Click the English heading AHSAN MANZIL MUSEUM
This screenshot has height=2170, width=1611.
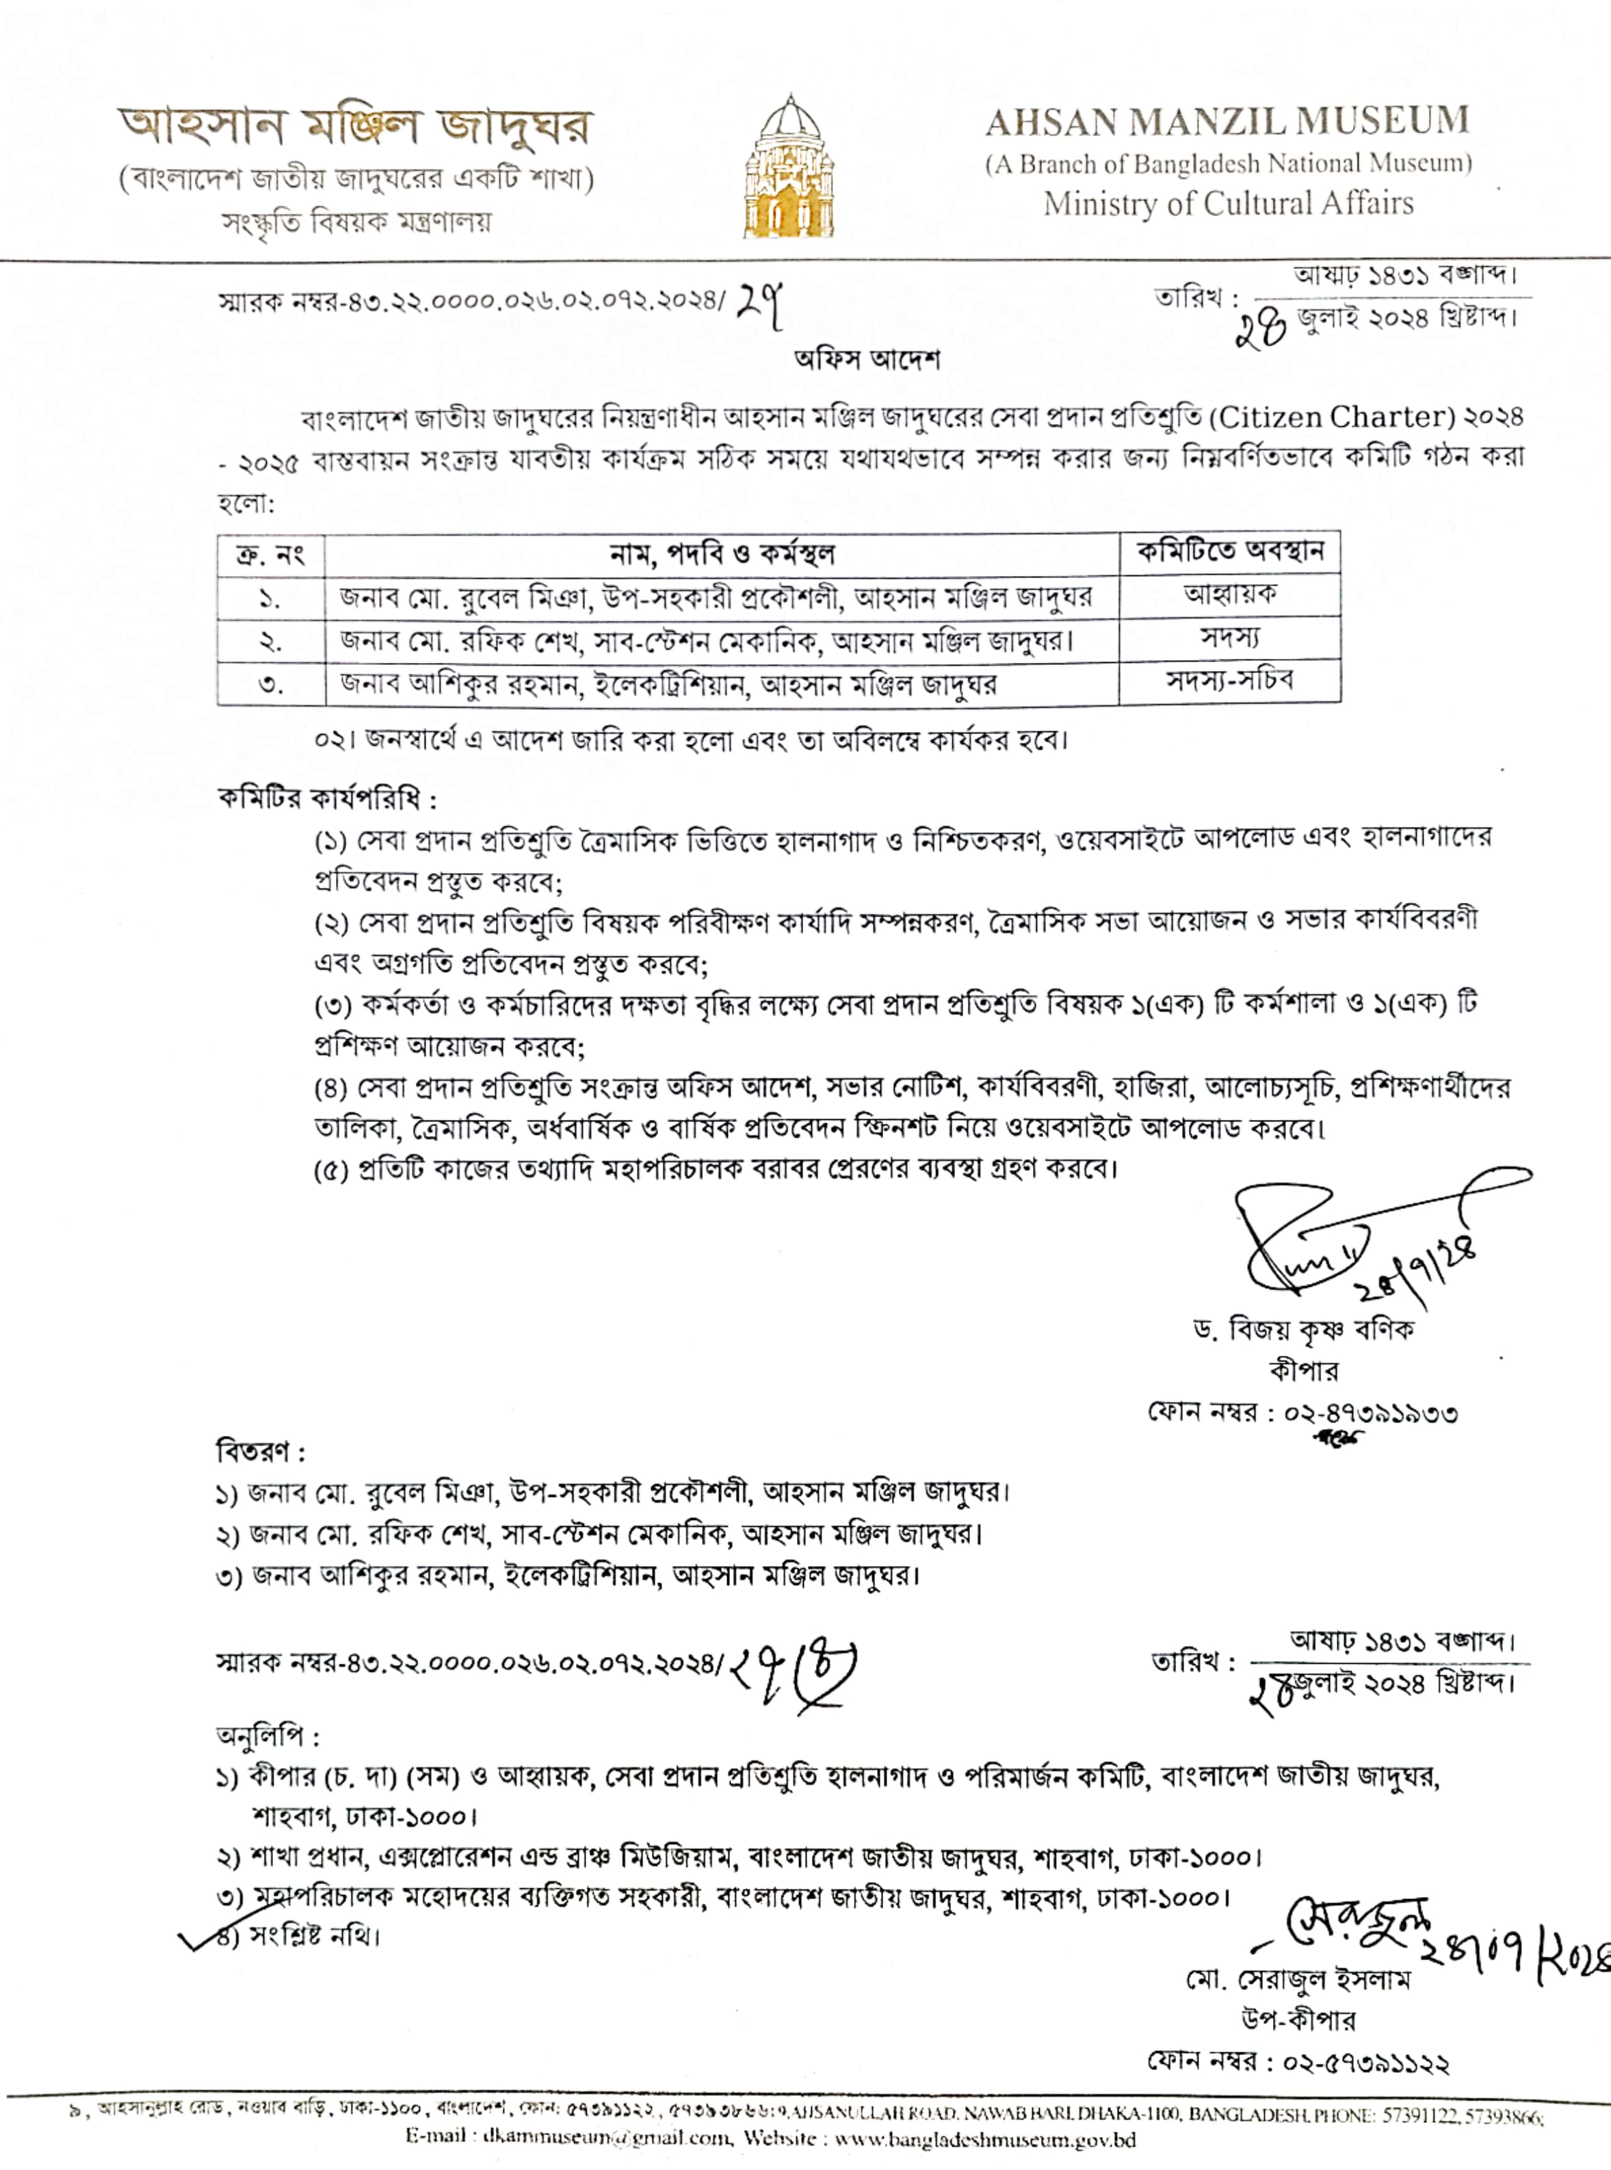(x=1227, y=122)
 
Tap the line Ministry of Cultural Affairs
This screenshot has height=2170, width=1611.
(x=1228, y=204)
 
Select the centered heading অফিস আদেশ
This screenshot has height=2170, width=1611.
(x=867, y=360)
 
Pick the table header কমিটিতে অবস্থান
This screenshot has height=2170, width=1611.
(x=1230, y=552)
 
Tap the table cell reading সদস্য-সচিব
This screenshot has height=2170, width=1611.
(x=1230, y=680)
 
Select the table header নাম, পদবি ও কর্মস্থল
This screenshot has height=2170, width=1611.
(x=722, y=554)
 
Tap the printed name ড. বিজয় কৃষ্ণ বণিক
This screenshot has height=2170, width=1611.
(x=1304, y=1329)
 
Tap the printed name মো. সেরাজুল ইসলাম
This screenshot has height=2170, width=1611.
(x=1298, y=1981)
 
